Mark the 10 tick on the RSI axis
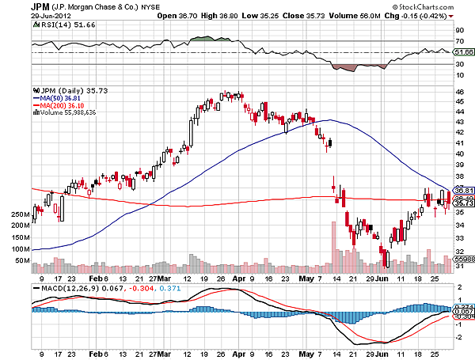click(x=459, y=75)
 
